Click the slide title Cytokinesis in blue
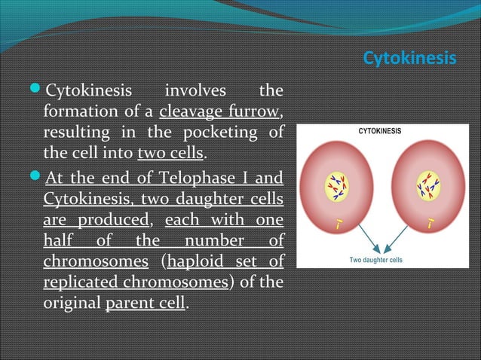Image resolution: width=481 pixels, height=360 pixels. click(x=409, y=58)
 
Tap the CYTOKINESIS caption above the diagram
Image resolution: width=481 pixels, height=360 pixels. click(x=379, y=130)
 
